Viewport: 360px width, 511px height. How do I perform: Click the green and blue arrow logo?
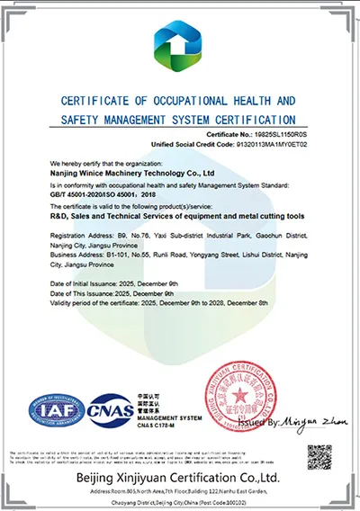[x=180, y=47]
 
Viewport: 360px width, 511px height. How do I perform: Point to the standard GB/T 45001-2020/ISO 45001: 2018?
[x=102, y=192]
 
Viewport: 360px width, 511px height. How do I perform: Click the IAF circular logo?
[x=57, y=410]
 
